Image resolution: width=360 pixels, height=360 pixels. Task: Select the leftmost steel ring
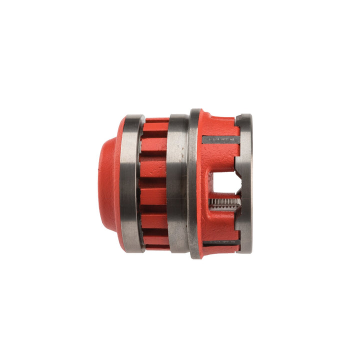click(x=132, y=183)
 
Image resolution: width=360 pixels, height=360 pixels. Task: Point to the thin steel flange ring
click(x=194, y=183)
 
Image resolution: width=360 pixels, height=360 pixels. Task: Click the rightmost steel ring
click(x=245, y=183)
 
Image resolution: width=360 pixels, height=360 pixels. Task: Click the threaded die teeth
click(x=223, y=203)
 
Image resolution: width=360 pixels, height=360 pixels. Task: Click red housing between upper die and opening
click(x=220, y=157)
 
